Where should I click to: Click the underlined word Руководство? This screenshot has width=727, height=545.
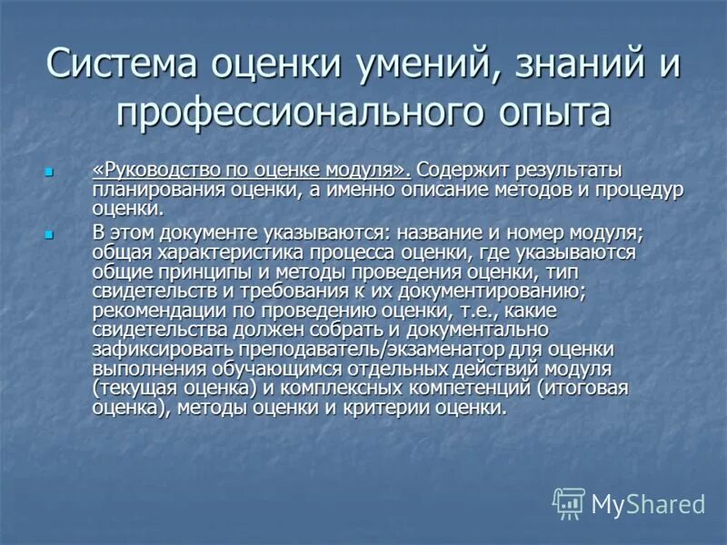pos(154,170)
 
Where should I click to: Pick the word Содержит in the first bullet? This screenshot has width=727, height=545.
pos(466,170)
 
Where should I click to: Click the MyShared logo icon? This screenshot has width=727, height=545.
pos(569,503)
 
